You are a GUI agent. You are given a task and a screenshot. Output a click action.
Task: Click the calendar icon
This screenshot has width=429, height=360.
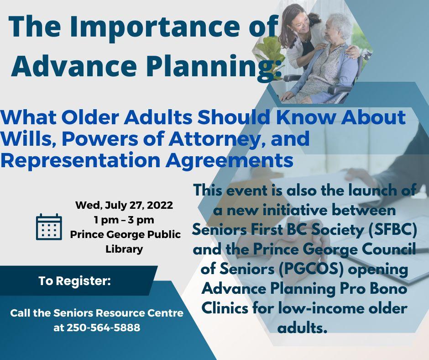point(49,227)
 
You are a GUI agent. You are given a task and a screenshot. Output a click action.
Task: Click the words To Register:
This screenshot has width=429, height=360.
point(75,281)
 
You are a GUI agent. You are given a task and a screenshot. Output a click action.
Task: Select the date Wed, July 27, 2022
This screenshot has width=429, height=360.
point(124,205)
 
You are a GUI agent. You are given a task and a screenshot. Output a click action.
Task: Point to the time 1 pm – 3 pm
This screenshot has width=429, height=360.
point(124,220)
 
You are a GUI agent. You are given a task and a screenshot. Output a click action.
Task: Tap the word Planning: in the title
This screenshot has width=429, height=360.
point(214,66)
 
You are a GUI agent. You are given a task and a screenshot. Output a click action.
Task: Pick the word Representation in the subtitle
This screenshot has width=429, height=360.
point(80,161)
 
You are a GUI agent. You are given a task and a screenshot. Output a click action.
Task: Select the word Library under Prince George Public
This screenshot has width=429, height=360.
point(124,249)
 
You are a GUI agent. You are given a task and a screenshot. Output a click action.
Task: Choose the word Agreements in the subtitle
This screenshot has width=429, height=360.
point(229,161)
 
